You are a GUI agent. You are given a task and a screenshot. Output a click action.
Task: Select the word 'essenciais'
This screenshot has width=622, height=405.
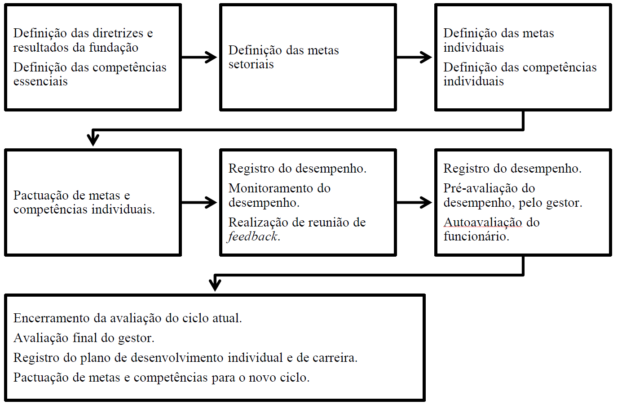(40, 81)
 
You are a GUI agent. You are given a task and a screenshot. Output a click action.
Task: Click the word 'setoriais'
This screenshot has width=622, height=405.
(251, 64)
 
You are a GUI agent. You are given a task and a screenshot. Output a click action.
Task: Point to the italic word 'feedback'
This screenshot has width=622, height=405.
(253, 236)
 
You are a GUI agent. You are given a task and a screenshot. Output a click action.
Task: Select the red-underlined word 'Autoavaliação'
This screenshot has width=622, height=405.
(483, 223)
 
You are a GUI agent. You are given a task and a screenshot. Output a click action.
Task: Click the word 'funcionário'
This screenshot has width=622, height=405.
(476, 236)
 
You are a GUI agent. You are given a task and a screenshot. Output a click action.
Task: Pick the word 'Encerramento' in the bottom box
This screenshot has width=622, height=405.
(52, 318)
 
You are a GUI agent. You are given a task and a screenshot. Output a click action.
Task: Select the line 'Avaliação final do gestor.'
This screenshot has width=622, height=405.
(84, 338)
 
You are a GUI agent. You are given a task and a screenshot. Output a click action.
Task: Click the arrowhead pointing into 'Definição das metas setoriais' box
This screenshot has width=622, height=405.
(212, 57)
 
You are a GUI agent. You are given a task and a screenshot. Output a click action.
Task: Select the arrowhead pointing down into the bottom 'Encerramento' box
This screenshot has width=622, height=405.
(215, 285)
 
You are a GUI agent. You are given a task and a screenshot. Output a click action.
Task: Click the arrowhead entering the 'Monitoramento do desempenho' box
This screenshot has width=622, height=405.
(212, 202)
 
